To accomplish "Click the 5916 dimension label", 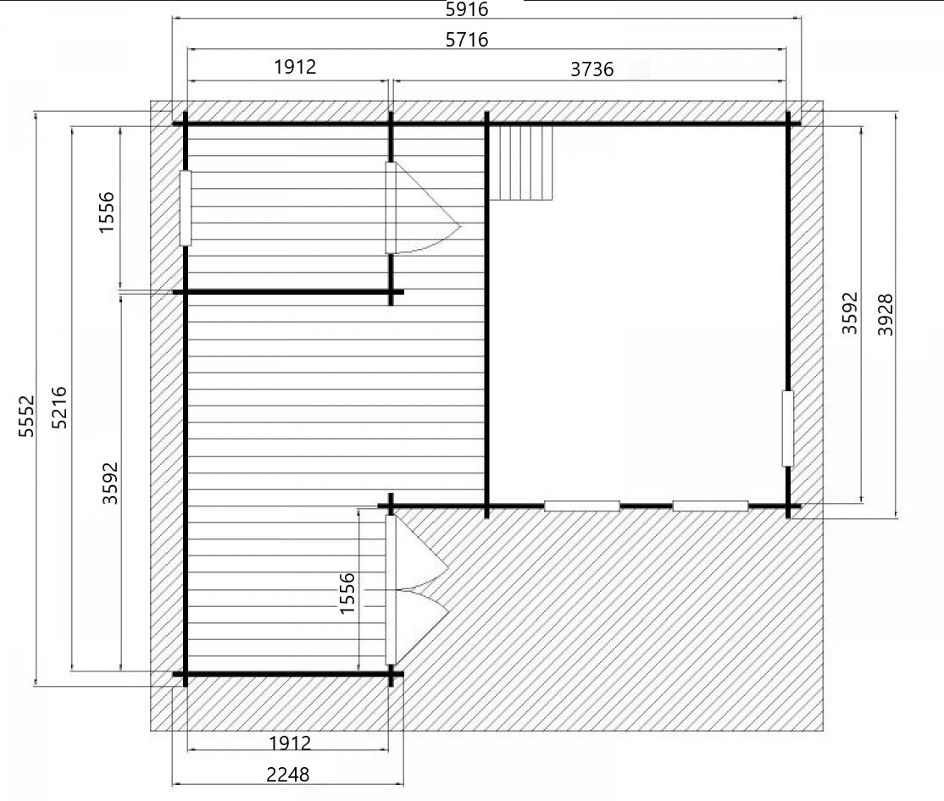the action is click(467, 9).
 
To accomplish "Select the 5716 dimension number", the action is click(467, 40).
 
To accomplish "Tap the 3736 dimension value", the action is click(591, 69).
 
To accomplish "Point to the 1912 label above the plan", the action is click(295, 67).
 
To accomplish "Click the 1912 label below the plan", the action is click(290, 743).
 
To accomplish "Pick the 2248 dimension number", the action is click(288, 775).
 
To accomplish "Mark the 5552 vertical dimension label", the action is click(26, 416).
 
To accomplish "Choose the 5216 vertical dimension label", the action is click(59, 407).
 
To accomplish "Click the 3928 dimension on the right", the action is click(885, 314).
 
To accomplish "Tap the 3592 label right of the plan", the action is click(849, 312).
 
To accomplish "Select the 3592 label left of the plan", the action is click(109, 483).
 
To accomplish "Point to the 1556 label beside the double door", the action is click(347, 594).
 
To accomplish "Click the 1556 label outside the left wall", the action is click(106, 213).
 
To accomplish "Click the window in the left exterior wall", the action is click(186, 208).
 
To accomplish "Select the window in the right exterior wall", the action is click(787, 428).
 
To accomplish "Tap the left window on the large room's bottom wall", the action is click(582, 506).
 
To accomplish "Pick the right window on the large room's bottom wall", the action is click(710, 506).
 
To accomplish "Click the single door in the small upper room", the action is click(423, 208).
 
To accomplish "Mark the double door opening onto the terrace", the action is click(417, 589).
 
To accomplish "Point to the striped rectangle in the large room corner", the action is click(521, 163).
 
